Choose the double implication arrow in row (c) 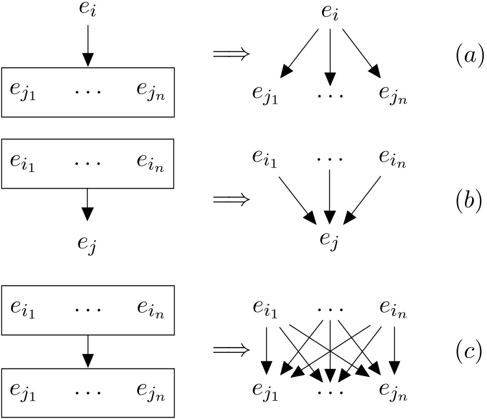231,350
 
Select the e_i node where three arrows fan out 331,14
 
